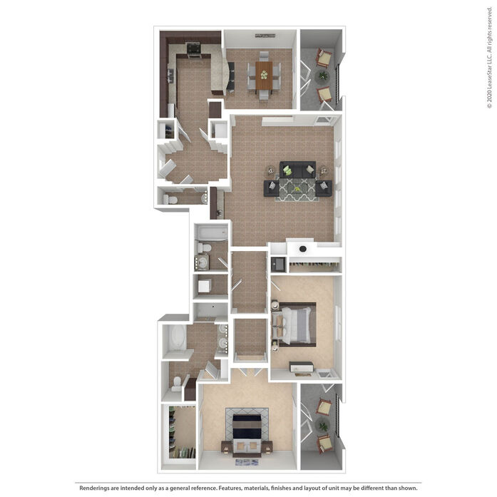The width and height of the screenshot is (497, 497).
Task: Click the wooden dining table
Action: pyautogui.click(x=264, y=76)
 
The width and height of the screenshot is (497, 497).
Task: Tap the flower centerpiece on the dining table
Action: pyautogui.click(x=264, y=75)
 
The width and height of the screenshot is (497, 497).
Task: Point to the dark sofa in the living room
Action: pyautogui.click(x=297, y=170)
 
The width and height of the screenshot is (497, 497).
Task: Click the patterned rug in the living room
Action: pyautogui.click(x=297, y=190)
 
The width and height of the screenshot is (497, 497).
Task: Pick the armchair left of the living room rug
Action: pyautogui.click(x=272, y=188)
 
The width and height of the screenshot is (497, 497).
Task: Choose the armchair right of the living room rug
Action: pyautogui.click(x=324, y=188)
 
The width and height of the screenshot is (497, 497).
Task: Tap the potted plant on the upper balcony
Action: pyautogui.click(x=323, y=76)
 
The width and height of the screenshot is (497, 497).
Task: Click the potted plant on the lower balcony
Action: pyautogui.click(x=323, y=426)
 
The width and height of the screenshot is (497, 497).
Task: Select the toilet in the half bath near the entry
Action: pyautogui.click(x=170, y=200)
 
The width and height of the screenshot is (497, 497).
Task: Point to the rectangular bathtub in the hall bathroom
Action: pyautogui.click(x=211, y=233)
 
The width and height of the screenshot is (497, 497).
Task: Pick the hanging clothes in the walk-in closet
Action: pyautogui.click(x=182, y=452)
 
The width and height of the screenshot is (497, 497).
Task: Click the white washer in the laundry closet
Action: pyautogui.click(x=205, y=286)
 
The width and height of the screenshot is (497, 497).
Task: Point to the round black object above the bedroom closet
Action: pyautogui.click(x=303, y=249)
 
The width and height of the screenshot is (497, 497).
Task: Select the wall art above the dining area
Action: pyautogui.click(x=265, y=36)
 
